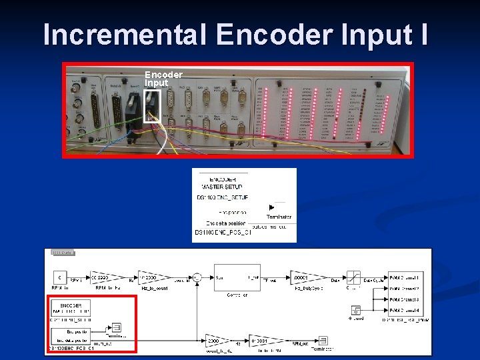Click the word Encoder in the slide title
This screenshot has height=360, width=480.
click(275, 34)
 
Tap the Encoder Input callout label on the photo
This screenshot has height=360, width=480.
click(163, 79)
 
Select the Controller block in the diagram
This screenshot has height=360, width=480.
click(237, 277)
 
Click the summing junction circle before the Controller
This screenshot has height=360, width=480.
click(197, 276)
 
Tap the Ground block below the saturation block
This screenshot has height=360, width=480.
click(356, 310)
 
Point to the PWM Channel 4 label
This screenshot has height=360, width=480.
click(404, 309)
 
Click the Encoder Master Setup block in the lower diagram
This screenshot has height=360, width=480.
click(71, 307)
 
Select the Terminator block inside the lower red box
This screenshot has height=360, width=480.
click(116, 327)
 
